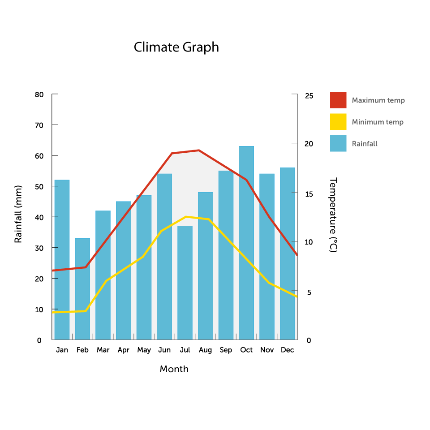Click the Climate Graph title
point(176,47)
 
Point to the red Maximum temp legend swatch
point(338,100)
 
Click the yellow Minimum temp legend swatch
point(338,122)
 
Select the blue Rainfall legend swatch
point(338,143)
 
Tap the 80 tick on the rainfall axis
point(39,95)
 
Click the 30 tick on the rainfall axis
point(39,248)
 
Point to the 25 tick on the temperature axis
point(309,96)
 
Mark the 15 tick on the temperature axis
point(309,194)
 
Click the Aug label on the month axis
point(205,350)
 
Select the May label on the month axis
point(144,350)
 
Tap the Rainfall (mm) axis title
point(18,214)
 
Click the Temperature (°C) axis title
point(333,215)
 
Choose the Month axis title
point(174,369)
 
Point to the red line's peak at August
point(199,150)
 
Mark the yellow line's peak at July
point(186,217)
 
